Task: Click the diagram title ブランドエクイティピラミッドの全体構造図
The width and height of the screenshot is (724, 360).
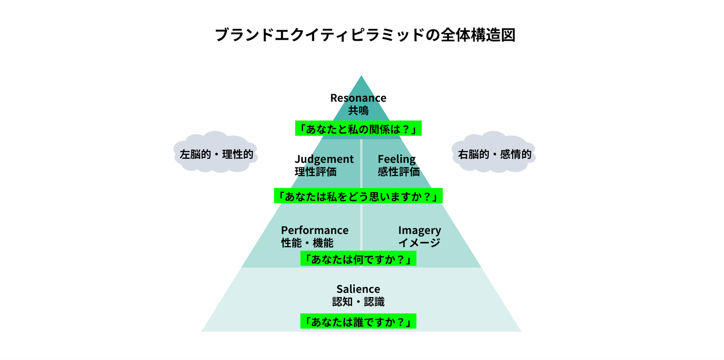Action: pyautogui.click(x=365, y=35)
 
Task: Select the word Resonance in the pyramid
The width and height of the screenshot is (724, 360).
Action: pyautogui.click(x=358, y=98)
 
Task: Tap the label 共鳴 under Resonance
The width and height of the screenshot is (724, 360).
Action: pyautogui.click(x=358, y=110)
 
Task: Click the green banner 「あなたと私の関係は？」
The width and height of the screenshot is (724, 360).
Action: pyautogui.click(x=358, y=128)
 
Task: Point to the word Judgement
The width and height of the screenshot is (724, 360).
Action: pyautogui.click(x=324, y=159)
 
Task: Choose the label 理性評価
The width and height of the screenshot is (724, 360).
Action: pyautogui.click(x=315, y=172)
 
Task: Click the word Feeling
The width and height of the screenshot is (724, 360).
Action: pyautogui.click(x=396, y=159)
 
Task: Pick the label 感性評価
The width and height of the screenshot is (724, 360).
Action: pyautogui.click(x=399, y=172)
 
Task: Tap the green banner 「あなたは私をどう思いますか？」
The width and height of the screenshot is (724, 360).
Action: pyautogui.click(x=358, y=196)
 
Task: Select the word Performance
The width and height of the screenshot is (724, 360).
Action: pyautogui.click(x=314, y=230)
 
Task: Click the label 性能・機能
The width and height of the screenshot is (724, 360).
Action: pyautogui.click(x=307, y=243)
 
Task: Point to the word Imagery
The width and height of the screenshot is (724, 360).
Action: pyautogui.click(x=419, y=230)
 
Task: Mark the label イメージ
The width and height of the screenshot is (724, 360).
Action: pyautogui.click(x=419, y=243)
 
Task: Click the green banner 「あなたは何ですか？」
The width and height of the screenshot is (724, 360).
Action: pyautogui.click(x=358, y=259)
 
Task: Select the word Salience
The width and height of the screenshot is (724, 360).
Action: pyautogui.click(x=358, y=289)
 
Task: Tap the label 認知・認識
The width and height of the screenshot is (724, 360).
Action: pyautogui.click(x=358, y=302)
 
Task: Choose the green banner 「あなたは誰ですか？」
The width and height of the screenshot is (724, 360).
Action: pyautogui.click(x=358, y=322)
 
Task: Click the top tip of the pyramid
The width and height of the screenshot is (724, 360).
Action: pyautogui.click(x=361, y=77)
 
